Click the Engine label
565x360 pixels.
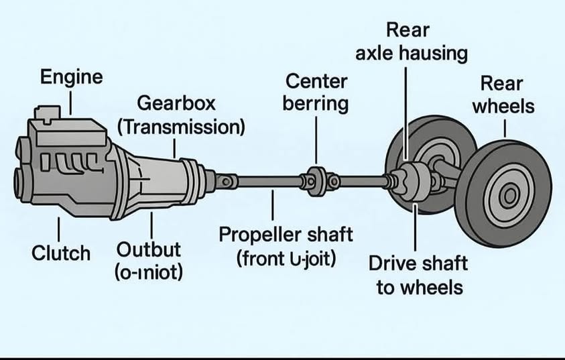point(72,77)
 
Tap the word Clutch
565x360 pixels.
point(61,253)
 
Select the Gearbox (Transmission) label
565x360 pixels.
point(180,115)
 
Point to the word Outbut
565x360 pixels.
point(149,249)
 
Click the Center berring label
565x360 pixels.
point(316,93)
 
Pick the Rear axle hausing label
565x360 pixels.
point(411,42)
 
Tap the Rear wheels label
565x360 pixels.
point(503,95)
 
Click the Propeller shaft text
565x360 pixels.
point(286,235)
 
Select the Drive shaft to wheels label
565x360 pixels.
point(418,275)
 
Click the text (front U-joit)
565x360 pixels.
point(286,259)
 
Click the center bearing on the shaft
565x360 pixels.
point(317,180)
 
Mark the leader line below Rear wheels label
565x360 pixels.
point(503,127)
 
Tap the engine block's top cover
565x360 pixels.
point(67,134)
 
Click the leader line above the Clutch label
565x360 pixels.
point(60,229)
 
